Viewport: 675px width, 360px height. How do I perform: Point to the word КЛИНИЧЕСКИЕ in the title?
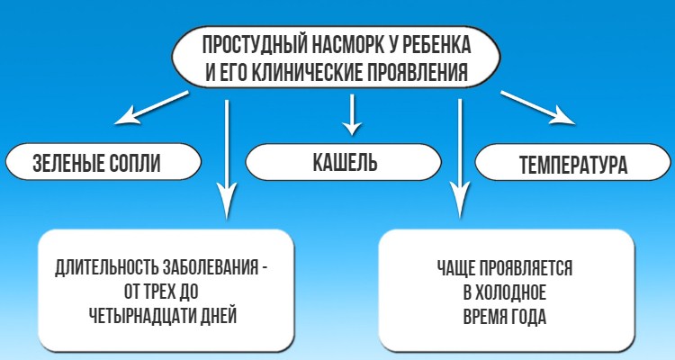coord(302,72)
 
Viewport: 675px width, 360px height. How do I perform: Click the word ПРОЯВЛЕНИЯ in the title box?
coord(420,72)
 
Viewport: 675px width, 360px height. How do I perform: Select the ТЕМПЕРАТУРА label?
coord(573,166)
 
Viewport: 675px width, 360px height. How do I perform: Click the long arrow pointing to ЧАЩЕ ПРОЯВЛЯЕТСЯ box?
coord(462,153)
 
